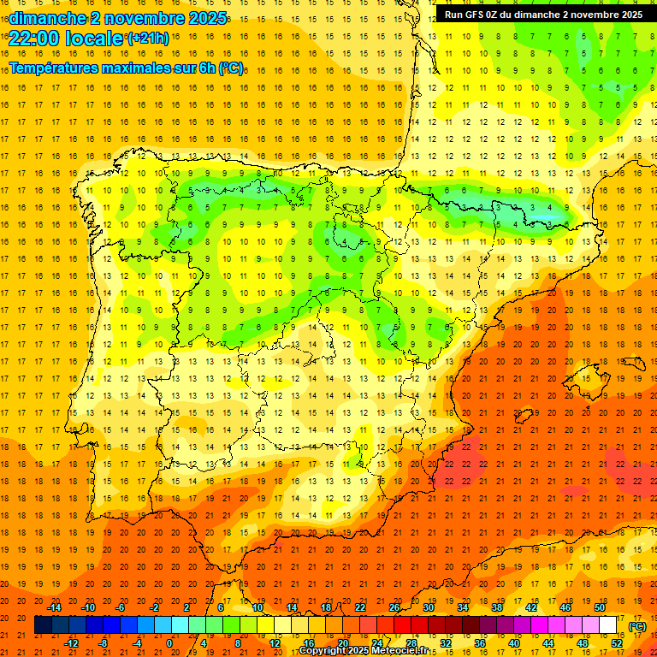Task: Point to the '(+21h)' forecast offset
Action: click(148, 38)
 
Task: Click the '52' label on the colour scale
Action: click(617, 643)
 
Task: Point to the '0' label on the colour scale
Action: click(169, 643)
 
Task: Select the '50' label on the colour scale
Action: click(599, 607)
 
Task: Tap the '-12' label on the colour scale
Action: click(71, 643)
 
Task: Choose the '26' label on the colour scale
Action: click(394, 607)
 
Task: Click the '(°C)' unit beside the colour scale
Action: click(637, 625)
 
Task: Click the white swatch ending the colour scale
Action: click(608, 625)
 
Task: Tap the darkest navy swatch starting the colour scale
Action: click(43, 625)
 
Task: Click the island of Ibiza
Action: click(524, 417)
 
